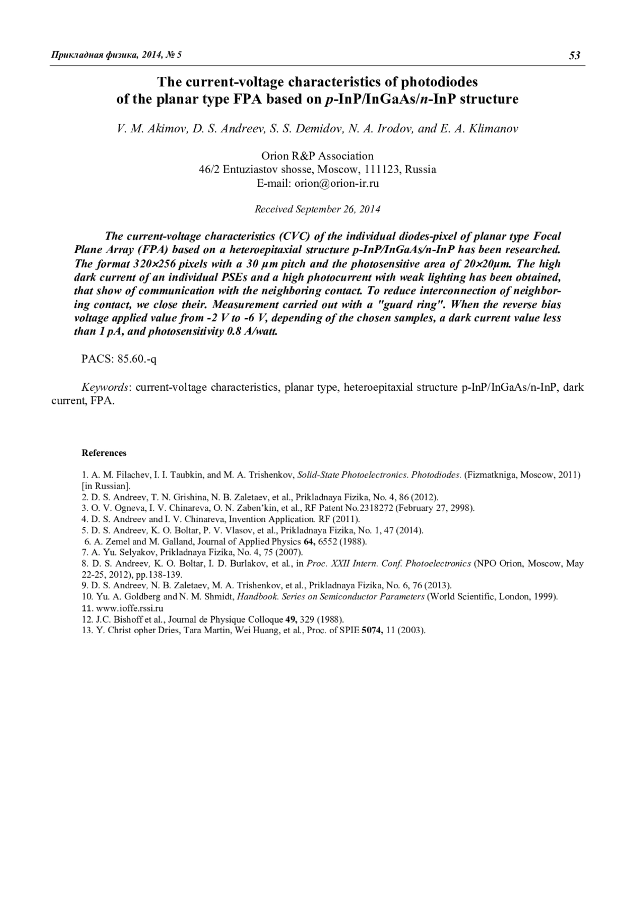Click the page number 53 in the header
(575, 56)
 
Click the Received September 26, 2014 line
(317, 209)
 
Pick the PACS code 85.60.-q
(137, 359)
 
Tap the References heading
(104, 453)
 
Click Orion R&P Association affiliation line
(317, 156)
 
